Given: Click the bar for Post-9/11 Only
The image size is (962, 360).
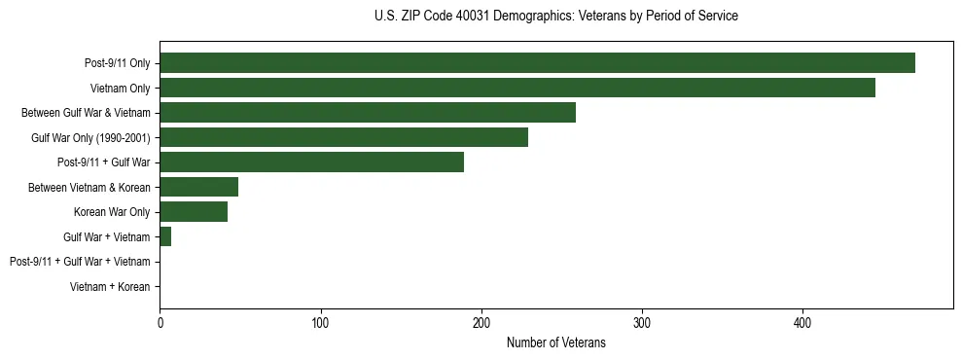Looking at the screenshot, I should [x=537, y=63].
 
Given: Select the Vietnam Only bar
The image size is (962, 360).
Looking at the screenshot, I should [x=517, y=88].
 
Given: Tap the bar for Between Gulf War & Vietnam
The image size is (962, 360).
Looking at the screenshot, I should [x=368, y=113].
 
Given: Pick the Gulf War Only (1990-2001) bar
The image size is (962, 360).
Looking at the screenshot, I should [x=344, y=137].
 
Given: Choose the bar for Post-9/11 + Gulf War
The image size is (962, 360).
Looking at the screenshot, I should [x=312, y=162].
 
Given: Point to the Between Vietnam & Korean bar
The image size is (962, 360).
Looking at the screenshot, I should [x=199, y=187].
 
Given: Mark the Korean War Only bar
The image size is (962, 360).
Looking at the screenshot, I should [x=194, y=212].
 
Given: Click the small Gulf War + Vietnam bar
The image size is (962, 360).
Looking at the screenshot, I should [x=165, y=236].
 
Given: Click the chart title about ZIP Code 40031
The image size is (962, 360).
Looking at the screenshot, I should [x=555, y=17].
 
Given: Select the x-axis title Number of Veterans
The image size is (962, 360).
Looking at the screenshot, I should [x=555, y=342].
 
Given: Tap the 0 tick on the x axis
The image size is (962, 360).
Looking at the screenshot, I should [x=160, y=323].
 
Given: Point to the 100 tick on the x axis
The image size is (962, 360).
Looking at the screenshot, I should [x=321, y=323].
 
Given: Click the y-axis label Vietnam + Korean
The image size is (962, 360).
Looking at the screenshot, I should [x=110, y=287].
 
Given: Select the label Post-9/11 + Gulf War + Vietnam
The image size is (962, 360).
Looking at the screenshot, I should [x=80, y=262].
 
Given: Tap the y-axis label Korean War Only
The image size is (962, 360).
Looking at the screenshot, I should [x=112, y=212].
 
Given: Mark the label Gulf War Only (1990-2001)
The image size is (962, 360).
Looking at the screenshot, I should [x=90, y=138].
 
